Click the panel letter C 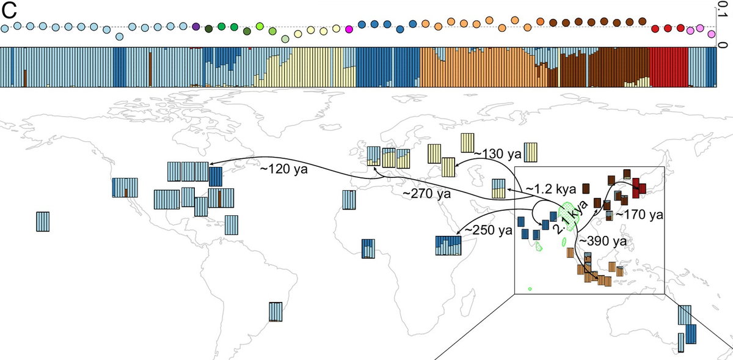coord(9,10)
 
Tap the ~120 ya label coord(283,169)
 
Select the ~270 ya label coord(427,194)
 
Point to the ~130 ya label coord(497,154)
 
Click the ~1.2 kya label coord(551,189)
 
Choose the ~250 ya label coord(488,230)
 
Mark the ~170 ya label coord(640,215)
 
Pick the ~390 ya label coord(603,241)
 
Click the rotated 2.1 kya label coord(570,218)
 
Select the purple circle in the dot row coord(195,27)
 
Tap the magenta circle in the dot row coord(349,29)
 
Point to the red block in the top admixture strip coord(669,67)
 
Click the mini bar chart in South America coord(275,312)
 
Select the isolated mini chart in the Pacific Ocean coord(43,222)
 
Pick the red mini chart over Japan coord(638,188)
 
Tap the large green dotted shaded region coord(570,216)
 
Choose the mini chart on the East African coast coord(448,246)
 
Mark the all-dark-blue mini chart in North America coord(215,177)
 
